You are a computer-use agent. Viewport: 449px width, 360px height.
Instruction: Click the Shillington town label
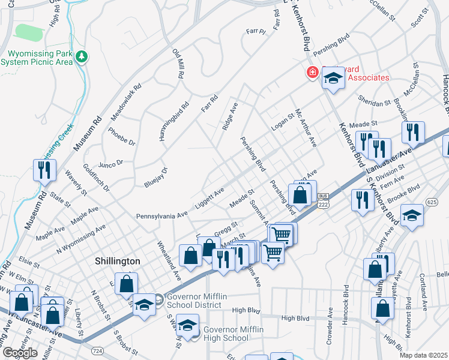118,262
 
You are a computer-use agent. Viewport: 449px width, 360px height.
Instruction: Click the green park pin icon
82,58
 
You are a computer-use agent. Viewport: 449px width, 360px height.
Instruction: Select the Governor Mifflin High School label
226,333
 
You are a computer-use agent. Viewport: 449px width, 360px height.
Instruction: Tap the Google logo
20,353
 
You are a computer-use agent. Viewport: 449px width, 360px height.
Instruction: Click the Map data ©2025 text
423,355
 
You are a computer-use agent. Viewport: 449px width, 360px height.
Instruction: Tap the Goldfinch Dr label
96,178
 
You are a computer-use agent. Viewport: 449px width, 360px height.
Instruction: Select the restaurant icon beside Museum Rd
45,170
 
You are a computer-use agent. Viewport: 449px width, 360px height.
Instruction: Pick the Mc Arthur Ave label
304,128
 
